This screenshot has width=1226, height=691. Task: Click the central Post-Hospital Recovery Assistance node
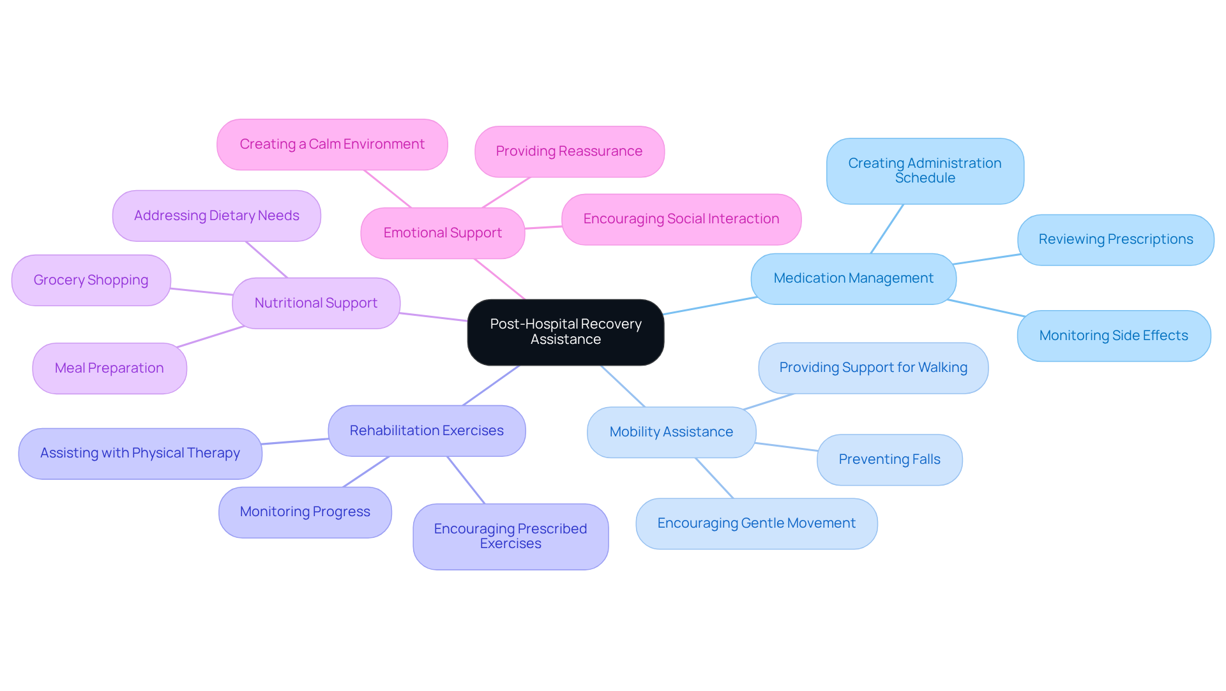[565, 332]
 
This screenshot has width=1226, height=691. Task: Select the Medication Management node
[853, 279]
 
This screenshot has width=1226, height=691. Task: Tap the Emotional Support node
[443, 233]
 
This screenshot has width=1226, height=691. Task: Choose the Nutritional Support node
[316, 303]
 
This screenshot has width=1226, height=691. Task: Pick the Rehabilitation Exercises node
[427, 431]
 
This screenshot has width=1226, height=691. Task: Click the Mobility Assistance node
[671, 432]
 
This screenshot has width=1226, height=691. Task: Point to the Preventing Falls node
[889, 459]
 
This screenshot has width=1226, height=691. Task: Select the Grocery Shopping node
[91, 280]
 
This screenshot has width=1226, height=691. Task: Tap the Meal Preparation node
[109, 368]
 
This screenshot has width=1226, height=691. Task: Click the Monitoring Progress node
[305, 512]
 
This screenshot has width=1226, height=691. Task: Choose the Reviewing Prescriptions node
[1116, 239]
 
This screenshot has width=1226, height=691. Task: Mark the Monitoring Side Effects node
[1114, 336]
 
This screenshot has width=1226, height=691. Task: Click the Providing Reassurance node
[569, 151]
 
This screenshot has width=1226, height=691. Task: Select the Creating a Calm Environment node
[332, 144]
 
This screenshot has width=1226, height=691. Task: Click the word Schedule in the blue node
[925, 179]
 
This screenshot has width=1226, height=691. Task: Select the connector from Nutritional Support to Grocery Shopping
[202, 292]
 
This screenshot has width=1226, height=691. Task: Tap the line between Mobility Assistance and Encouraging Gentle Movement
[715, 478]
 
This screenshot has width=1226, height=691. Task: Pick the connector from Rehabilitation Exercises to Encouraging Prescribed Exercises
[466, 480]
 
